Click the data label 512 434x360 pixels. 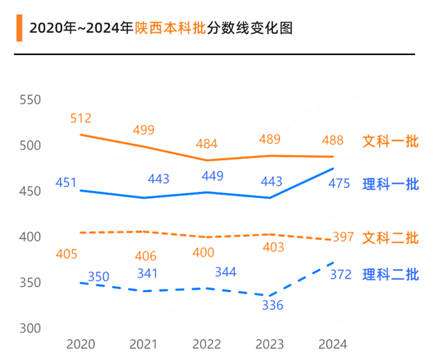tap(81, 118)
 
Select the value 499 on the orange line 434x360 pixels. tap(144, 130)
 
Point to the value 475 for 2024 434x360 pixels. tap(340, 184)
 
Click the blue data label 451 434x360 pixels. tap(66, 183)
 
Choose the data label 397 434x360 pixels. tap(343, 238)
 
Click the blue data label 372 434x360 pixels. tap(340, 275)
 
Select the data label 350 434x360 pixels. tap(99, 277)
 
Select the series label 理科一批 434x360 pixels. tap(391, 184)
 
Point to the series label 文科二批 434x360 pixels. tap(391, 237)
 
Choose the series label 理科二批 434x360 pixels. tap(391, 275)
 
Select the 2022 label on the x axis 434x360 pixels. tap(207, 345)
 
